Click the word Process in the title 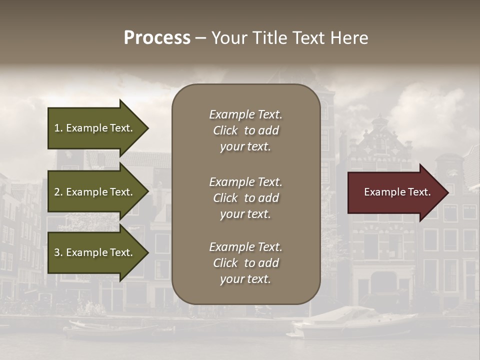pyautogui.click(x=157, y=38)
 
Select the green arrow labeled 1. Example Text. pyautogui.click(x=95, y=128)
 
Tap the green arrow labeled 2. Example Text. pyautogui.click(x=95, y=192)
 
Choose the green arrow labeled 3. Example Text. pyautogui.click(x=95, y=252)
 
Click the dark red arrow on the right pyautogui.click(x=395, y=192)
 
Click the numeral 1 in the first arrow pyautogui.click(x=56, y=128)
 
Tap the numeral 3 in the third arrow pyautogui.click(x=57, y=252)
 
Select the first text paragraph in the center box pyautogui.click(x=245, y=130)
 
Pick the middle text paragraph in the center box pyautogui.click(x=245, y=198)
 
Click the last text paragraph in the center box pyautogui.click(x=245, y=263)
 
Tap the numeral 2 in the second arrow pyautogui.click(x=57, y=192)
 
